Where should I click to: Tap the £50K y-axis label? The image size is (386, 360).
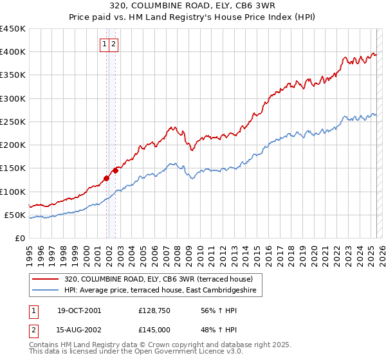(15, 215)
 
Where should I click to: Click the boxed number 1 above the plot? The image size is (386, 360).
(104, 44)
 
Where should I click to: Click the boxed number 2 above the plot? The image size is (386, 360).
(113, 44)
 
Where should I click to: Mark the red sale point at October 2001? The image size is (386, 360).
(106, 178)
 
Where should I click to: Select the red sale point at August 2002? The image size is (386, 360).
(116, 170)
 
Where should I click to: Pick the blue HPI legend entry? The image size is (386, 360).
(160, 291)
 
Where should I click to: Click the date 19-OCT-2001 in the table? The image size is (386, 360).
(79, 310)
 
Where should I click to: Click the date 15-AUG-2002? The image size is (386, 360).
(79, 329)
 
